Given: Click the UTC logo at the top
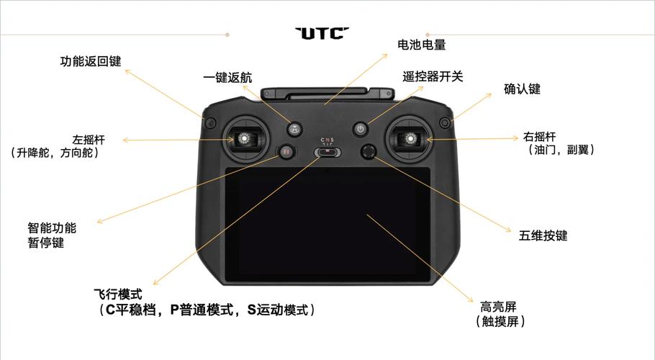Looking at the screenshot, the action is point(322,33).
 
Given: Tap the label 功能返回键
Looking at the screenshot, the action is point(91,61).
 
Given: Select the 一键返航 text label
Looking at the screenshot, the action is point(227,77).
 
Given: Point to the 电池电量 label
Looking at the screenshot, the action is point(422,45).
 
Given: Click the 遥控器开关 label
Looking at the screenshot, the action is point(433,76).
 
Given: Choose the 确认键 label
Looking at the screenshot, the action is point(522,89).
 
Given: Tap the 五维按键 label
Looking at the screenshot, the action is point(543,235).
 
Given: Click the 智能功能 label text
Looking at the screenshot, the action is point(52,228).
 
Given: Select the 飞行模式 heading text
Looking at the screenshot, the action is point(118,294).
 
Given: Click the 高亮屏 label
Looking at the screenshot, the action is point(498,307).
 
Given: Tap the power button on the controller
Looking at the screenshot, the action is point(361,129).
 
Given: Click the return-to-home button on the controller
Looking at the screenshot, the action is point(295,129).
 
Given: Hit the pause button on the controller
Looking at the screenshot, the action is point(286,152).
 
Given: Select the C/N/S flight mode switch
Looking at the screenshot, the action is point(327,153).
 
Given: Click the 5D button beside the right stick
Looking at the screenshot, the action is point(369,152).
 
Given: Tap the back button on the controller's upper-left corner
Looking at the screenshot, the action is point(210,123).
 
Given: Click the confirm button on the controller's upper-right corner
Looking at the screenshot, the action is point(445,123).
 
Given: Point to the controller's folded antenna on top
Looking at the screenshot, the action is point(327,94).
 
